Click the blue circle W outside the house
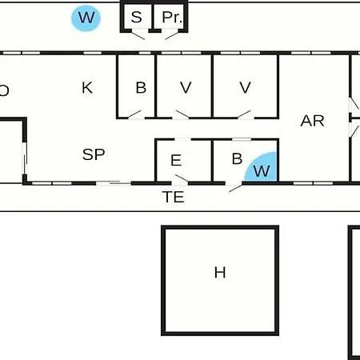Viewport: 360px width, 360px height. point(86,18)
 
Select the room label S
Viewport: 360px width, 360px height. point(137,17)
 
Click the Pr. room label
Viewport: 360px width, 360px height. point(172,17)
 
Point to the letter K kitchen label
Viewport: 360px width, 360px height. point(87,88)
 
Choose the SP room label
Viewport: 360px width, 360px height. point(94,154)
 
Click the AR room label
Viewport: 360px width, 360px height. point(312,121)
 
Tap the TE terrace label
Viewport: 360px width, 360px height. point(174,197)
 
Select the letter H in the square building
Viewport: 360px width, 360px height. point(220,273)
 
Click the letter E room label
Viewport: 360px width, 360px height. point(176,160)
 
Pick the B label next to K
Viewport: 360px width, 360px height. point(141,87)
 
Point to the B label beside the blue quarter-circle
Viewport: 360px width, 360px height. point(237,158)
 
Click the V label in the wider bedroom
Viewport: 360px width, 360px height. point(245,87)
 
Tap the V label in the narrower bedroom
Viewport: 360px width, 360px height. point(186,87)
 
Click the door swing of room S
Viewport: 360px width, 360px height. point(138,36)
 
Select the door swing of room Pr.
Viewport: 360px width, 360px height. point(171,36)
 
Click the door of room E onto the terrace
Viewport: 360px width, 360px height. point(182,178)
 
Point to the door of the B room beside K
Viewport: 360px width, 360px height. point(134,114)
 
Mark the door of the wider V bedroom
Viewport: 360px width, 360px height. point(244,114)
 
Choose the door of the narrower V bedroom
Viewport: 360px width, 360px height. point(182,114)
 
